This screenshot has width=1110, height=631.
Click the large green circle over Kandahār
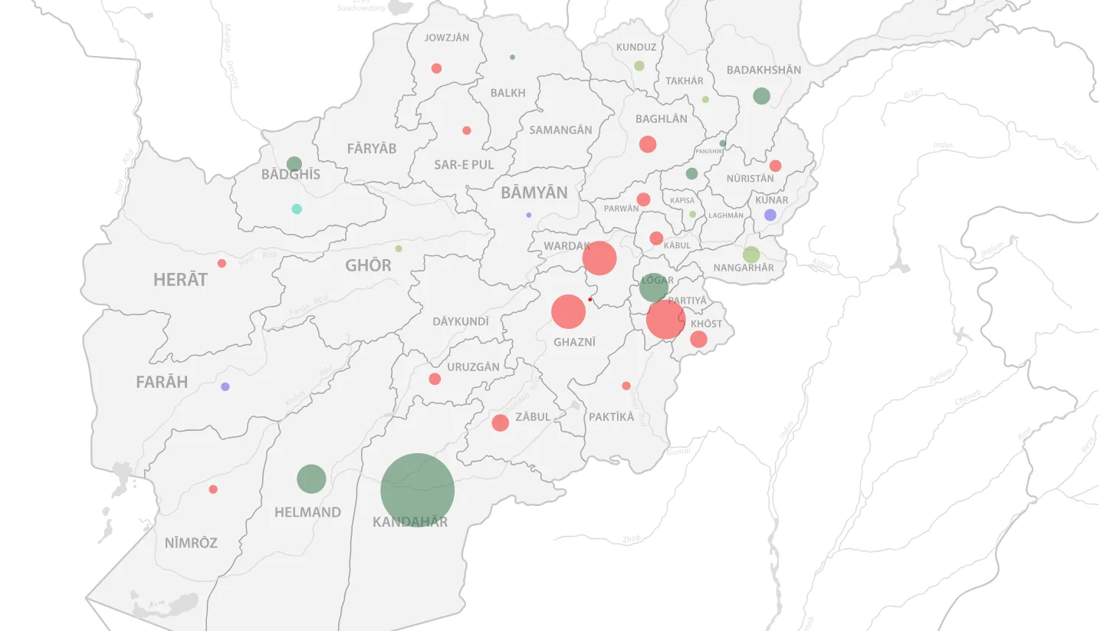(417, 490)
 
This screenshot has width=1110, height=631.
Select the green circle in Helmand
(311, 479)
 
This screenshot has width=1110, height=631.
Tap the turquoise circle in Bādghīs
(297, 209)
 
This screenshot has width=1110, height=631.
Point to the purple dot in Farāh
(225, 386)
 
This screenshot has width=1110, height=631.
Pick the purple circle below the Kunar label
(770, 215)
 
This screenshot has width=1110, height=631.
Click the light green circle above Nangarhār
(750, 255)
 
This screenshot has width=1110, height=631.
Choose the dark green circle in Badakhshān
(760, 96)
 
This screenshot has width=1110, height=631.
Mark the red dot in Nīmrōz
(213, 489)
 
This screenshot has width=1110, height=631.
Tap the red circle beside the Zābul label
(500, 422)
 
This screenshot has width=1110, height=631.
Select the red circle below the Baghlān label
(648, 144)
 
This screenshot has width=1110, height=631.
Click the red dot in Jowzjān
(436, 68)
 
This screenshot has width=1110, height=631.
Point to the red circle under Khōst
(698, 339)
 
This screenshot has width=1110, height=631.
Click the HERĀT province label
(180, 280)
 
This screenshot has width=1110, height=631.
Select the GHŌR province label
(368, 266)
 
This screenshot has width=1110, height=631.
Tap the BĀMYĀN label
(534, 193)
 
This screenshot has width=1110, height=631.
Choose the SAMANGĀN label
(560, 130)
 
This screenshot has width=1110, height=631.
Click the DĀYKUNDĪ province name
(460, 322)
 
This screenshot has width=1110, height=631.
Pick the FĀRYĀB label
(372, 149)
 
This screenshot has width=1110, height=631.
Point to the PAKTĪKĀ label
(611, 417)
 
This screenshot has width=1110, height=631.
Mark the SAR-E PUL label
(464, 165)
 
